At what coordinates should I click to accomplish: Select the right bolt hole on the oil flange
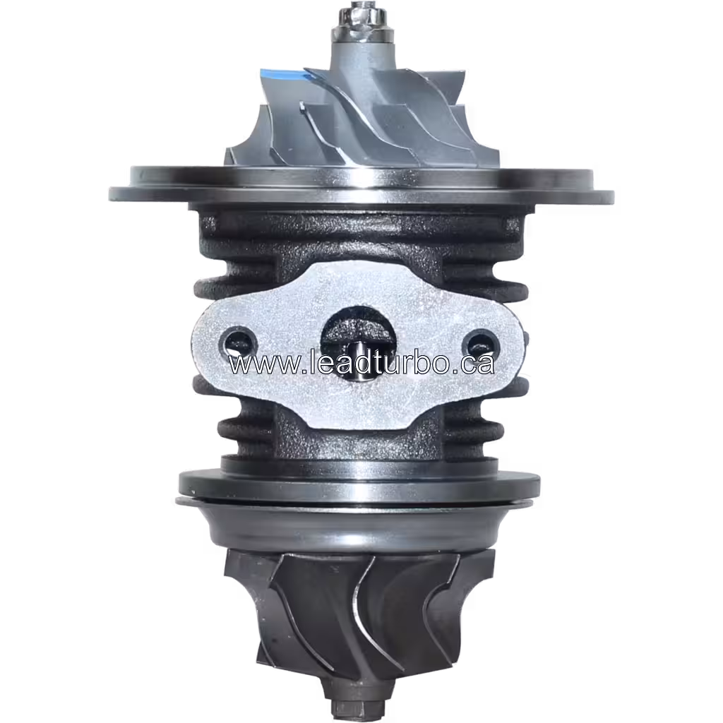pyautogui.click(x=479, y=342)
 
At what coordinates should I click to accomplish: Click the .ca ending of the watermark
pyautogui.click(x=474, y=364)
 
